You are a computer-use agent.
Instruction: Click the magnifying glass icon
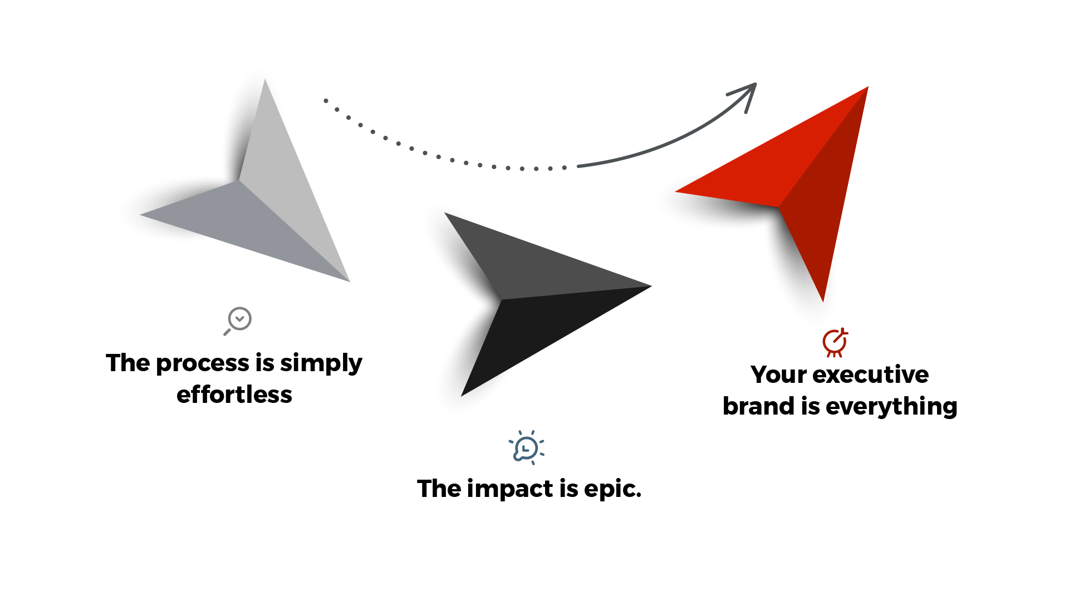(238, 321)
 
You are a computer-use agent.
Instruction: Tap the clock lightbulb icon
(526, 448)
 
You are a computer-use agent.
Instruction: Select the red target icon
(835, 342)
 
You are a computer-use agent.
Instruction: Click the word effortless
(234, 395)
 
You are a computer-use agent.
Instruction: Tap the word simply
(321, 364)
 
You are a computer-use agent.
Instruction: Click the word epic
(612, 490)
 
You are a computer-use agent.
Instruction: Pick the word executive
(871, 375)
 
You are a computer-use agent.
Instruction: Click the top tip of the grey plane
(265, 79)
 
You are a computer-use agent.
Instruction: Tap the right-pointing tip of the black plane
(651, 286)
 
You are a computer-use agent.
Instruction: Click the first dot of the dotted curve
(326, 101)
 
